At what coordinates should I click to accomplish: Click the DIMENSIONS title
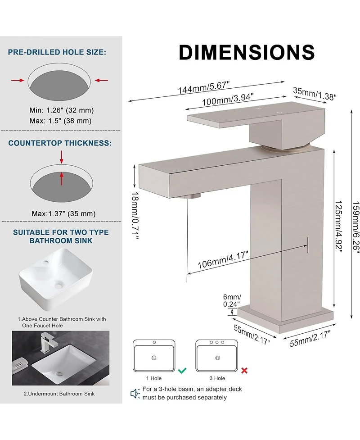tap(247, 52)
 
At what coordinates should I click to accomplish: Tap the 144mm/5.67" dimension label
tap(204, 87)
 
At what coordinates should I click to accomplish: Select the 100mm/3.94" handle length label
tap(228, 99)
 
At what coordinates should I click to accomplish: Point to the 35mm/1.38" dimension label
tap(315, 93)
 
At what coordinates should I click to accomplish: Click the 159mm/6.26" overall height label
tap(355, 227)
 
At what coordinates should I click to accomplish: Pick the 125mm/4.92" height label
tap(338, 227)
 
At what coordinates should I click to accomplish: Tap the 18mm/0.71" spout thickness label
tap(135, 216)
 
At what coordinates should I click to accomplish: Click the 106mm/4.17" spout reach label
tap(223, 260)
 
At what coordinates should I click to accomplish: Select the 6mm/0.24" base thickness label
tap(232, 300)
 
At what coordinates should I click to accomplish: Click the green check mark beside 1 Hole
tap(182, 370)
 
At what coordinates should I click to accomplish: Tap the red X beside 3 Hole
tap(244, 371)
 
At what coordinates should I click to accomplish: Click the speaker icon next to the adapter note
tap(135, 394)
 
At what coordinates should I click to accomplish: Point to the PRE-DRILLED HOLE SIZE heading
tap(57, 52)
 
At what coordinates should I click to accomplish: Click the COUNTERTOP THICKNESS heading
tap(60, 143)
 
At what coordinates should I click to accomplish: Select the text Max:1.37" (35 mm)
tap(63, 213)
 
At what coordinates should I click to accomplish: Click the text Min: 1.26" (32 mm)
tap(62, 110)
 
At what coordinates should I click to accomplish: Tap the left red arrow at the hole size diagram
tap(18, 81)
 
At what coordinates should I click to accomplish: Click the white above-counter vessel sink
tap(55, 280)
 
